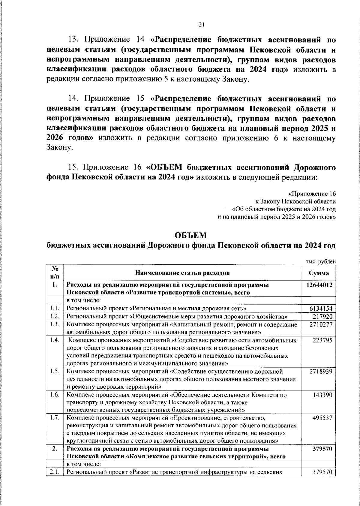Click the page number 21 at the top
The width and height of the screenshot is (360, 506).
click(201, 25)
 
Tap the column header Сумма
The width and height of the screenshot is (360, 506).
click(319, 273)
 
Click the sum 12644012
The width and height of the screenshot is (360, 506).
click(319, 285)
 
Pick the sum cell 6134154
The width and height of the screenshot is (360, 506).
click(321, 309)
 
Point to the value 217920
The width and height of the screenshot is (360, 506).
click(322, 316)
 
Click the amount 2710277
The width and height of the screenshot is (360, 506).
click(321, 324)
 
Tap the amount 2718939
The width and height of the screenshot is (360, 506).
click(321, 372)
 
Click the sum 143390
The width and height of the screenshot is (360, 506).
click(322, 395)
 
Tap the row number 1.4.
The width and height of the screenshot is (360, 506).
click(55, 340)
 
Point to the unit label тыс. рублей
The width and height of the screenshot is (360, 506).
click(320, 262)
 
